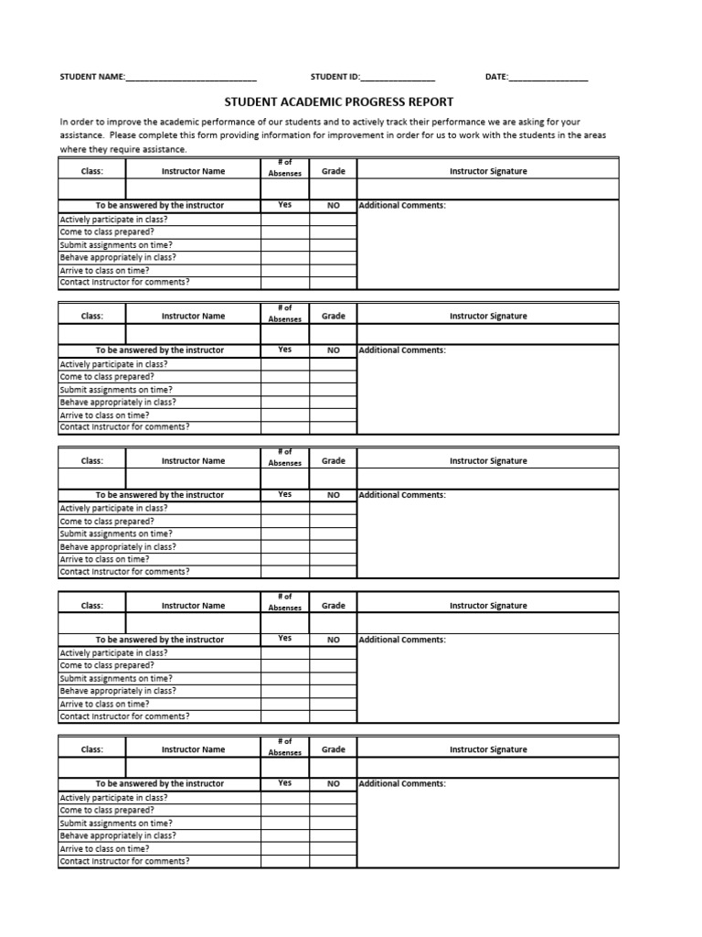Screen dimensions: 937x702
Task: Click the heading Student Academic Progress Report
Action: point(338,102)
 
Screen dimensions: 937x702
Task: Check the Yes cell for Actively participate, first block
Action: point(284,220)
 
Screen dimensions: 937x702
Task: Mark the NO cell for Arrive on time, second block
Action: point(333,415)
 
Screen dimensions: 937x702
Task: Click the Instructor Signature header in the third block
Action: point(487,461)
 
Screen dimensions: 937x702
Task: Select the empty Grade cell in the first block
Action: point(333,189)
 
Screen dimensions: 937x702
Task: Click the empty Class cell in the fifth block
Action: point(91,767)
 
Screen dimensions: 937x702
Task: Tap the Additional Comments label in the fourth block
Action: point(402,640)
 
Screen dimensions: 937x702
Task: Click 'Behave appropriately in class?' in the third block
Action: point(118,546)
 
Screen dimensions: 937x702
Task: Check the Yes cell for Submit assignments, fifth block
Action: point(284,823)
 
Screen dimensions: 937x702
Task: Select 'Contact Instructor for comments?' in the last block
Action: point(124,861)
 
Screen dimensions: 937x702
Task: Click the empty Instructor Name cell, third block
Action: point(193,479)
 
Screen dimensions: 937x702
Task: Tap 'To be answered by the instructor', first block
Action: point(159,206)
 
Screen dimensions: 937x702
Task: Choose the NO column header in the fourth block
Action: point(333,640)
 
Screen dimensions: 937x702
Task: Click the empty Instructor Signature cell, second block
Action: point(487,334)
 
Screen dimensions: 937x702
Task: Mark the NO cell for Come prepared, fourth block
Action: point(333,665)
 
